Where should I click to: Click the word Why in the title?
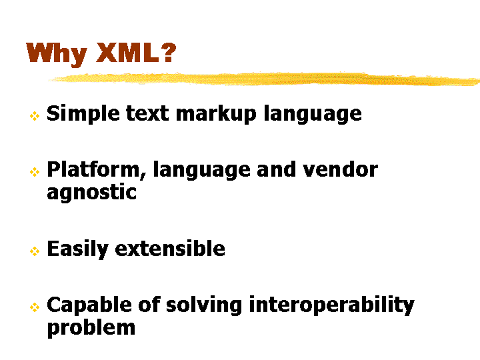57,54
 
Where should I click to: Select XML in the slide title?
127,53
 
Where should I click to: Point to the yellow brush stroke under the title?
265,79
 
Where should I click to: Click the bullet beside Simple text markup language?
35,116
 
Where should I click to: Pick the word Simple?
83,114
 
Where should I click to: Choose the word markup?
216,114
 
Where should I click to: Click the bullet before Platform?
35,172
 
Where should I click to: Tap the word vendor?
340,169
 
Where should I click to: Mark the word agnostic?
91,192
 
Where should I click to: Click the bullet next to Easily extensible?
35,251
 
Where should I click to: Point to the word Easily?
77,249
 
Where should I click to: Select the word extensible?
170,248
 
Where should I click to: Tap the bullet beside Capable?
35,307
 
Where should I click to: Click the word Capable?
89,305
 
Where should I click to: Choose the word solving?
204,305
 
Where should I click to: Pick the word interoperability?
332,305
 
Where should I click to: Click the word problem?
91,328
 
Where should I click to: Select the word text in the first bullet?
147,113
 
